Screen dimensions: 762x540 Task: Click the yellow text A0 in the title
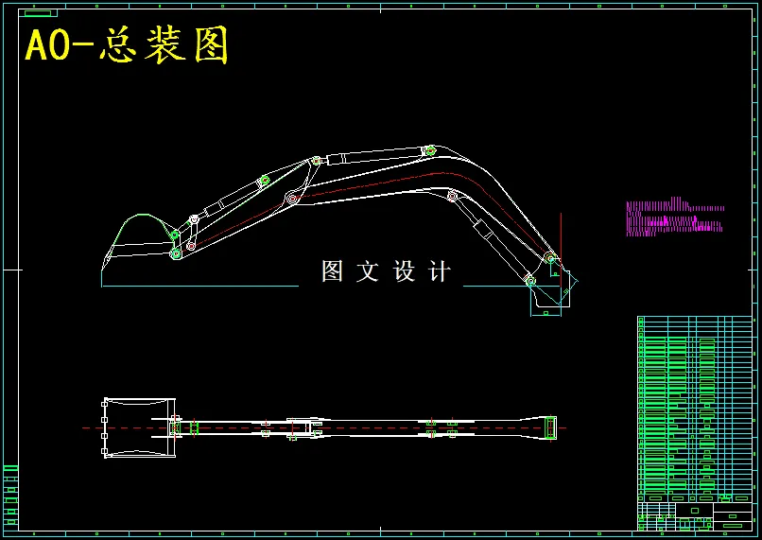(x=48, y=46)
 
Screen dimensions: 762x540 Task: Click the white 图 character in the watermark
(x=332, y=272)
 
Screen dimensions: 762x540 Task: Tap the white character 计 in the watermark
(x=440, y=272)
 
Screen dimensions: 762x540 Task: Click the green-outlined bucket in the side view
(x=137, y=244)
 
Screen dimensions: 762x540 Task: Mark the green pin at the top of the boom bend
(x=430, y=149)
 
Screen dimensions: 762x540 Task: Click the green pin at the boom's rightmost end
(x=549, y=257)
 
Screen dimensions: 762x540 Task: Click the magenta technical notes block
(x=673, y=218)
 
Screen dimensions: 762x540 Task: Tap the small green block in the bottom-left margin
(x=11, y=495)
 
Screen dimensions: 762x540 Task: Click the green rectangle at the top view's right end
(x=549, y=427)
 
